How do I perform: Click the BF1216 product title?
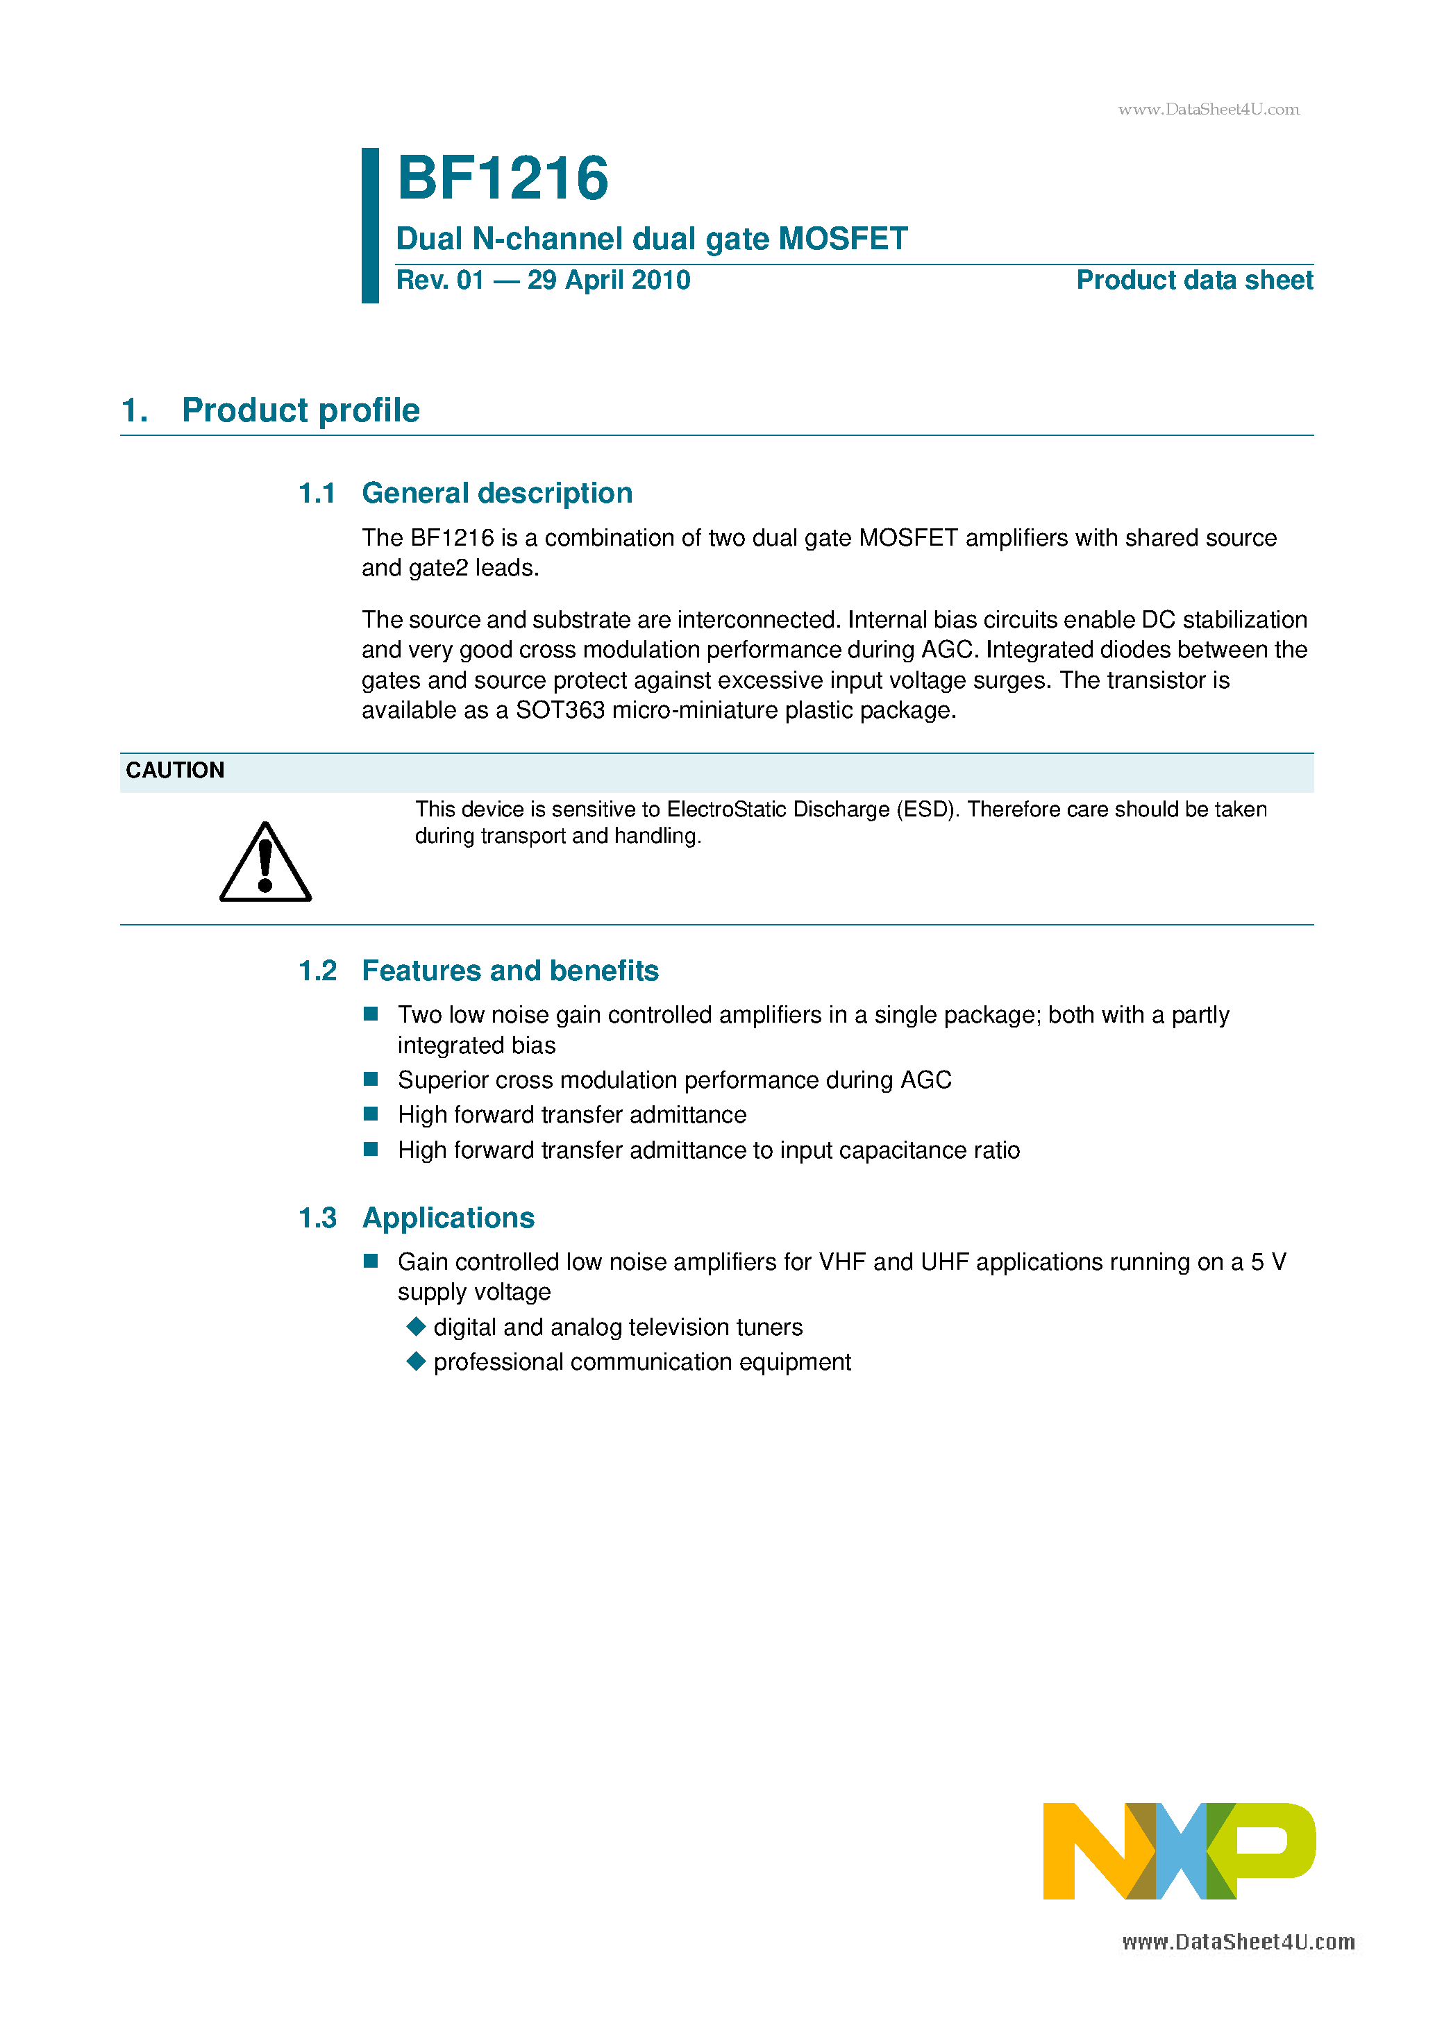(502, 178)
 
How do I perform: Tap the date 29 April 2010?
(608, 280)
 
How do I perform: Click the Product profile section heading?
(300, 410)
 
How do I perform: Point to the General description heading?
(497, 492)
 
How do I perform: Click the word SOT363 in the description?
(560, 710)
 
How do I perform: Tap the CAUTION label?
(175, 770)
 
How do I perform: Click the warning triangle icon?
(265, 864)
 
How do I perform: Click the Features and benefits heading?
(510, 971)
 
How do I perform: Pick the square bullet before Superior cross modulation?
(371, 1079)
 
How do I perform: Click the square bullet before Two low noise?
(371, 1014)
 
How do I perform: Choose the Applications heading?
(448, 1218)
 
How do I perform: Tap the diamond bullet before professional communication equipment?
(416, 1361)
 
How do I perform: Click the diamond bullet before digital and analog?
(416, 1326)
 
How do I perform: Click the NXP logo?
(1179, 1852)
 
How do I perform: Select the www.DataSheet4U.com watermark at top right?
(1208, 110)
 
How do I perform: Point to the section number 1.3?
(317, 1218)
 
